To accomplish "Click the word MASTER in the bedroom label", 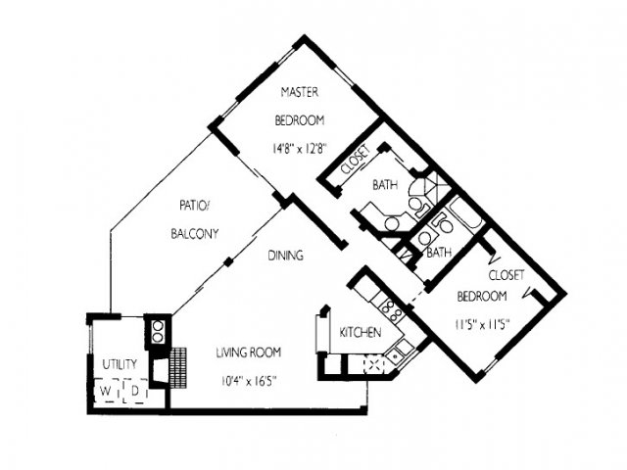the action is point(300,92).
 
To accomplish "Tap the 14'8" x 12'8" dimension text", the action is point(300,149).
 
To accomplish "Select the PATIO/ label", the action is point(194,206).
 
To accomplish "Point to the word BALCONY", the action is point(195,233).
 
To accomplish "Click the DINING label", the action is point(285,255).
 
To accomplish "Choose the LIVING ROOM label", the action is point(248,352).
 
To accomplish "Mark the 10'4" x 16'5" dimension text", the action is point(249,381).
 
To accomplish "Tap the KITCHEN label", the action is point(360,332).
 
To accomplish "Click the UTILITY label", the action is point(120,364).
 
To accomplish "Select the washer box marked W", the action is point(107,391).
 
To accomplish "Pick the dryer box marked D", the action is point(135,391).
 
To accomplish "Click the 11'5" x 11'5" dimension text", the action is point(482,324).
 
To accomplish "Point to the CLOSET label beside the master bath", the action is point(355,160).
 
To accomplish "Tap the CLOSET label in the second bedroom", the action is point(506,275).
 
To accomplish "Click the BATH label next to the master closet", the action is point(385,185).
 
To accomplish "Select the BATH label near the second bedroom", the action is point(439,253).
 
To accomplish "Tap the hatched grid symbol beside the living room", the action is point(178,367).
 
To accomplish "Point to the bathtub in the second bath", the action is point(465,214).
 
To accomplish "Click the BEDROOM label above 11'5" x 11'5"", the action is point(482,296).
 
